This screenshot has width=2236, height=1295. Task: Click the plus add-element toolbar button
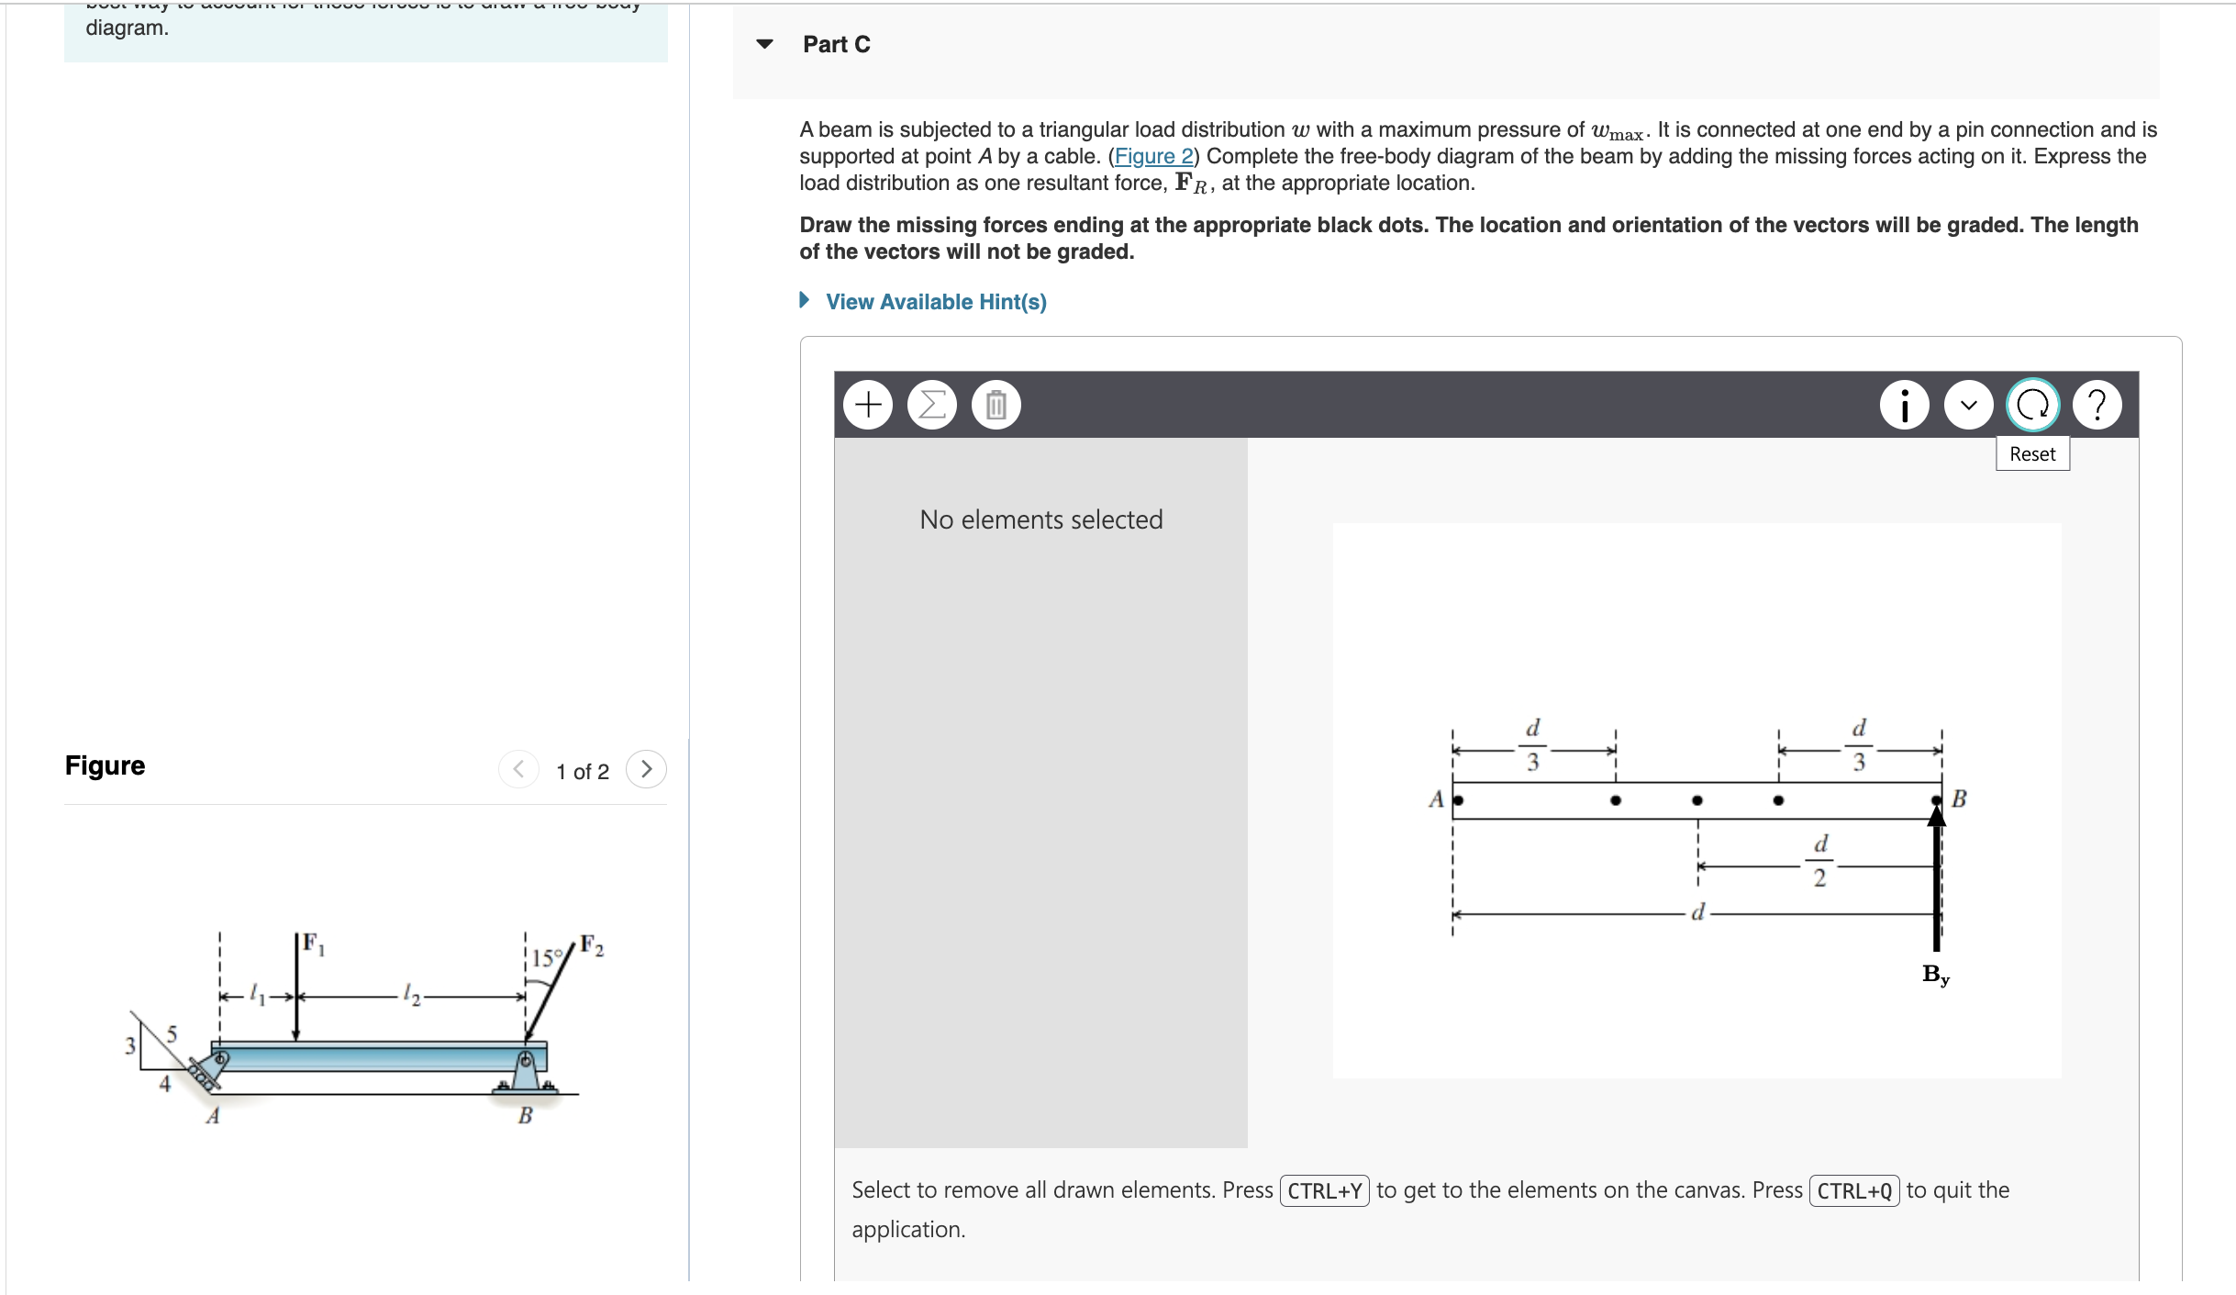(x=868, y=405)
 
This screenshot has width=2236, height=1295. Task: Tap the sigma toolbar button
(x=932, y=405)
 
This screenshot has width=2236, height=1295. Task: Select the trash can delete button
(x=996, y=405)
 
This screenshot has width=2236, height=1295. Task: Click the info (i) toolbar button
(x=1905, y=405)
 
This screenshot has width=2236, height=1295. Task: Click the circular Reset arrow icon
(x=2033, y=405)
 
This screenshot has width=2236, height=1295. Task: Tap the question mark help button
(x=2097, y=405)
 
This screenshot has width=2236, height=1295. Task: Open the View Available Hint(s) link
(x=935, y=302)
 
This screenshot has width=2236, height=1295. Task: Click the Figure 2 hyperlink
(x=1153, y=156)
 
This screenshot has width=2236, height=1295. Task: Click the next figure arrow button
(x=646, y=769)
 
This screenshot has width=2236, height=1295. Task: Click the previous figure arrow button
(x=518, y=769)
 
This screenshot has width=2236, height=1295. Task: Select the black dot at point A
(x=1458, y=800)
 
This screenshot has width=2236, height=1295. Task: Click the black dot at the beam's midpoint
(x=1697, y=800)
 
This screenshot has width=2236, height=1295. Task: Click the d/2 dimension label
(x=1820, y=860)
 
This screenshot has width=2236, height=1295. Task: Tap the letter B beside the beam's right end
(x=1959, y=798)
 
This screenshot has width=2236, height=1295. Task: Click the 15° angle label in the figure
(x=547, y=958)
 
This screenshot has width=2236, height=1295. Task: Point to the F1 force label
(x=314, y=943)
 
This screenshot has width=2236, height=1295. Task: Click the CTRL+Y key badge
(x=1324, y=1191)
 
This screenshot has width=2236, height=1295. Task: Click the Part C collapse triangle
(x=764, y=44)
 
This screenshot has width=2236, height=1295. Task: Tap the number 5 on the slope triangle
(x=172, y=1034)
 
